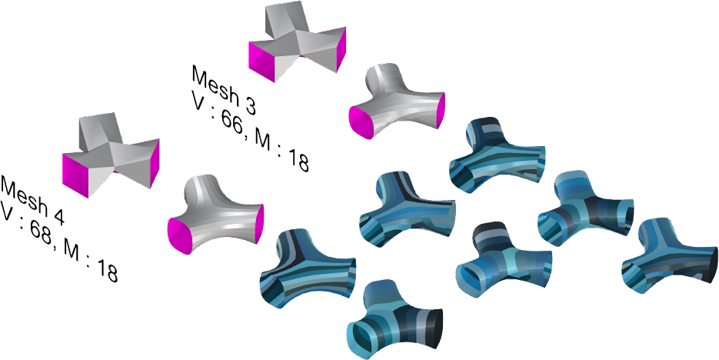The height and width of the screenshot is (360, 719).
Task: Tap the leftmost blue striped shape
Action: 308,268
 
